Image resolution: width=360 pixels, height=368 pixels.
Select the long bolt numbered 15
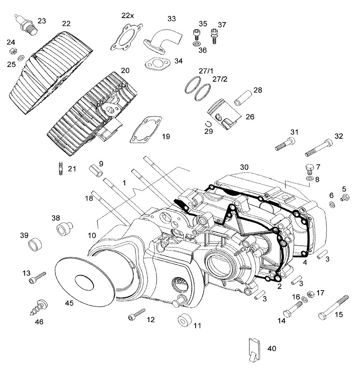[x=333, y=307]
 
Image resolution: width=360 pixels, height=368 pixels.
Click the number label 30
[x=244, y=167]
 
